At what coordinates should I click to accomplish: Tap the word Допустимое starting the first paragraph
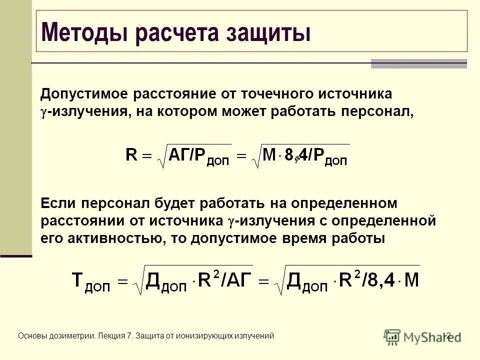[82, 94]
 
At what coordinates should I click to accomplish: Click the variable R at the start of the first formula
[131, 155]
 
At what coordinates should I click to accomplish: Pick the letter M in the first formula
[269, 155]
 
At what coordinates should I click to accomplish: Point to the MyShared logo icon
[392, 336]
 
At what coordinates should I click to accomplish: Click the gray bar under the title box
[418, 63]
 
